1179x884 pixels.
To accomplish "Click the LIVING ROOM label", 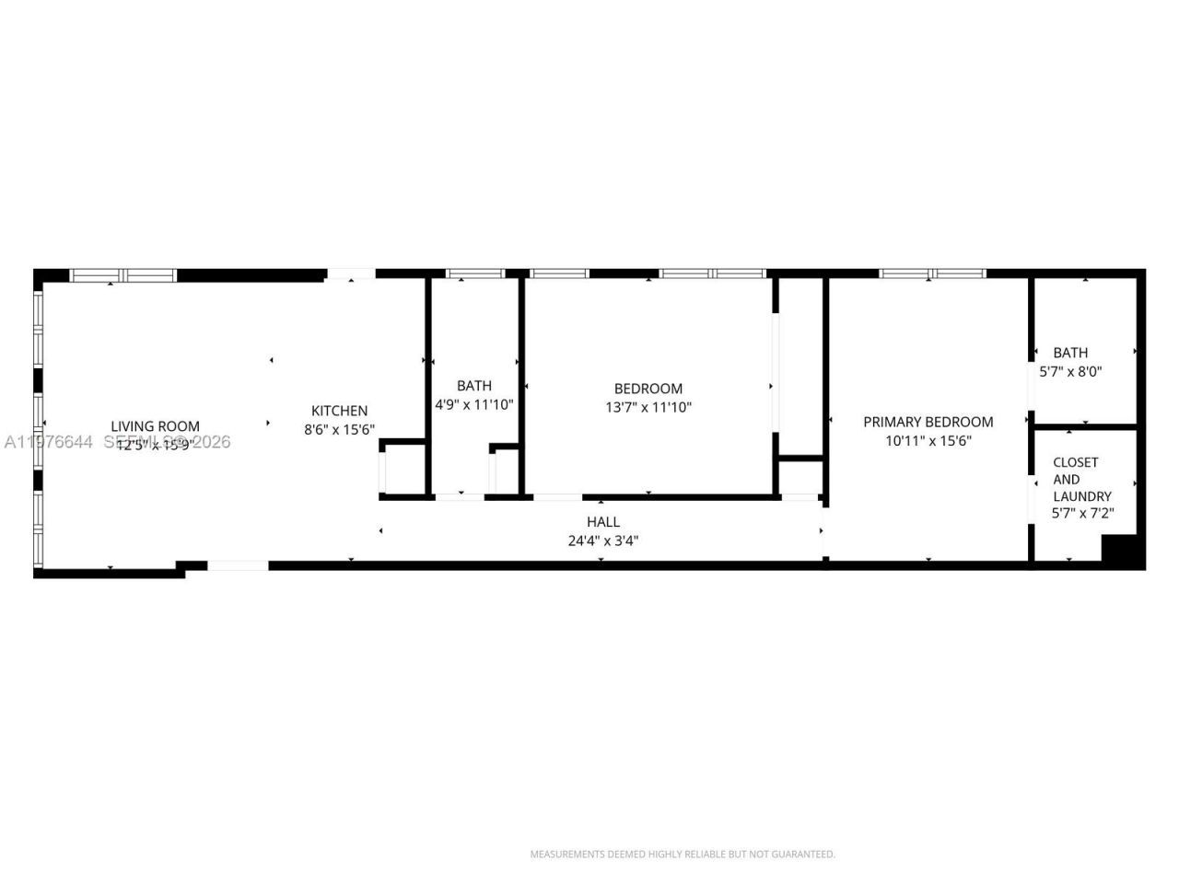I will click(x=155, y=426).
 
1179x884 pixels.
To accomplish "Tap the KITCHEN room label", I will click(x=339, y=411).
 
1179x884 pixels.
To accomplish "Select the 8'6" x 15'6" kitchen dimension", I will click(x=339, y=429).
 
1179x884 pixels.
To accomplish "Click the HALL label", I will click(x=603, y=522).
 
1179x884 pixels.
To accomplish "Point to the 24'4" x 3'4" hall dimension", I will click(x=603, y=541).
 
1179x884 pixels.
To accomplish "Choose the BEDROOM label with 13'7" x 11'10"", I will click(x=648, y=389).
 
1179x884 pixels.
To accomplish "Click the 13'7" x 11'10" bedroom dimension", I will click(x=648, y=407).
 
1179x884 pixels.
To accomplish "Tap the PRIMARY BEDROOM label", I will click(x=928, y=422).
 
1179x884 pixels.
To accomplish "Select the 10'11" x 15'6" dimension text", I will click(x=928, y=440).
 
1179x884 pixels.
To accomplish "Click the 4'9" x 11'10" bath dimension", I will click(x=473, y=404).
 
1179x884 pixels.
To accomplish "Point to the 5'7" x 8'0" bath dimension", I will click(x=1070, y=372).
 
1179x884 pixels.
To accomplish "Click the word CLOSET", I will click(x=1076, y=462).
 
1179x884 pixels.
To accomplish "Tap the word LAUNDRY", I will click(x=1082, y=496).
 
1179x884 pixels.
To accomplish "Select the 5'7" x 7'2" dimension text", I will click(x=1082, y=514).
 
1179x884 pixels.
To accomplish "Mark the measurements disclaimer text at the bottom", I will click(x=683, y=855).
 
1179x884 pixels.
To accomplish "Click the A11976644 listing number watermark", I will click(x=48, y=443).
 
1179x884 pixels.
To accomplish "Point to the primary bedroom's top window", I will click(x=932, y=273).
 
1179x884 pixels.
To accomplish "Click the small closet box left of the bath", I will click(x=403, y=471).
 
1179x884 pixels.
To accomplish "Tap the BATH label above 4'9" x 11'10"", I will click(x=473, y=386).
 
